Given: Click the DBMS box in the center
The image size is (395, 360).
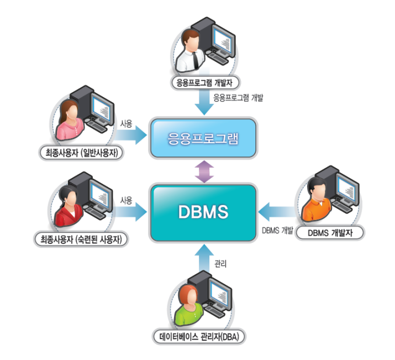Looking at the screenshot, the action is tap(203, 213).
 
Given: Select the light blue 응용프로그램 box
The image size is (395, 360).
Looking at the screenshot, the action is tap(203, 138).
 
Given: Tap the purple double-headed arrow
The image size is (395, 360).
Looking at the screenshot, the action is tap(204, 171).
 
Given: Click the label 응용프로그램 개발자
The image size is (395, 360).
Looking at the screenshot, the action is tap(204, 83).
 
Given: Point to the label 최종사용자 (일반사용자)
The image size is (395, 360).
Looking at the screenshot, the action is tap(81, 153).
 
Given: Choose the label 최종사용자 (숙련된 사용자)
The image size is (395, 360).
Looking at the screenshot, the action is tap(81, 239).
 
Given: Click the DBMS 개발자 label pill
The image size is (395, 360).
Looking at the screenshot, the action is tap(330, 233).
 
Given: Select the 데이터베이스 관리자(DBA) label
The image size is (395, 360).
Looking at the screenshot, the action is tap(199, 337).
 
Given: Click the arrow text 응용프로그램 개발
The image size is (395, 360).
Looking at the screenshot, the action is tap(238, 97).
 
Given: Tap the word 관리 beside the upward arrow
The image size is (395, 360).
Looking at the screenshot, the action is tap(220, 264).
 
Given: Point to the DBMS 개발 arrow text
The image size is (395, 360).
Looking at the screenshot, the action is tap(278, 230).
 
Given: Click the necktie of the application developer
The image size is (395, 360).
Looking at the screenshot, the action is tap(196, 60).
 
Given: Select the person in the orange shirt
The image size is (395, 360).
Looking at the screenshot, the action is tap(317, 200).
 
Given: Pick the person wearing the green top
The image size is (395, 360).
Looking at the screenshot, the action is tap(189, 306).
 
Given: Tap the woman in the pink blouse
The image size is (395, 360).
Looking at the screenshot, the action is tap(70, 120).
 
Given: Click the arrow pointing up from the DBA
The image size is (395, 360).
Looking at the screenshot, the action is tap(204, 258).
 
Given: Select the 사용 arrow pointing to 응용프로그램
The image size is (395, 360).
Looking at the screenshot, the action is tap(130, 135).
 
